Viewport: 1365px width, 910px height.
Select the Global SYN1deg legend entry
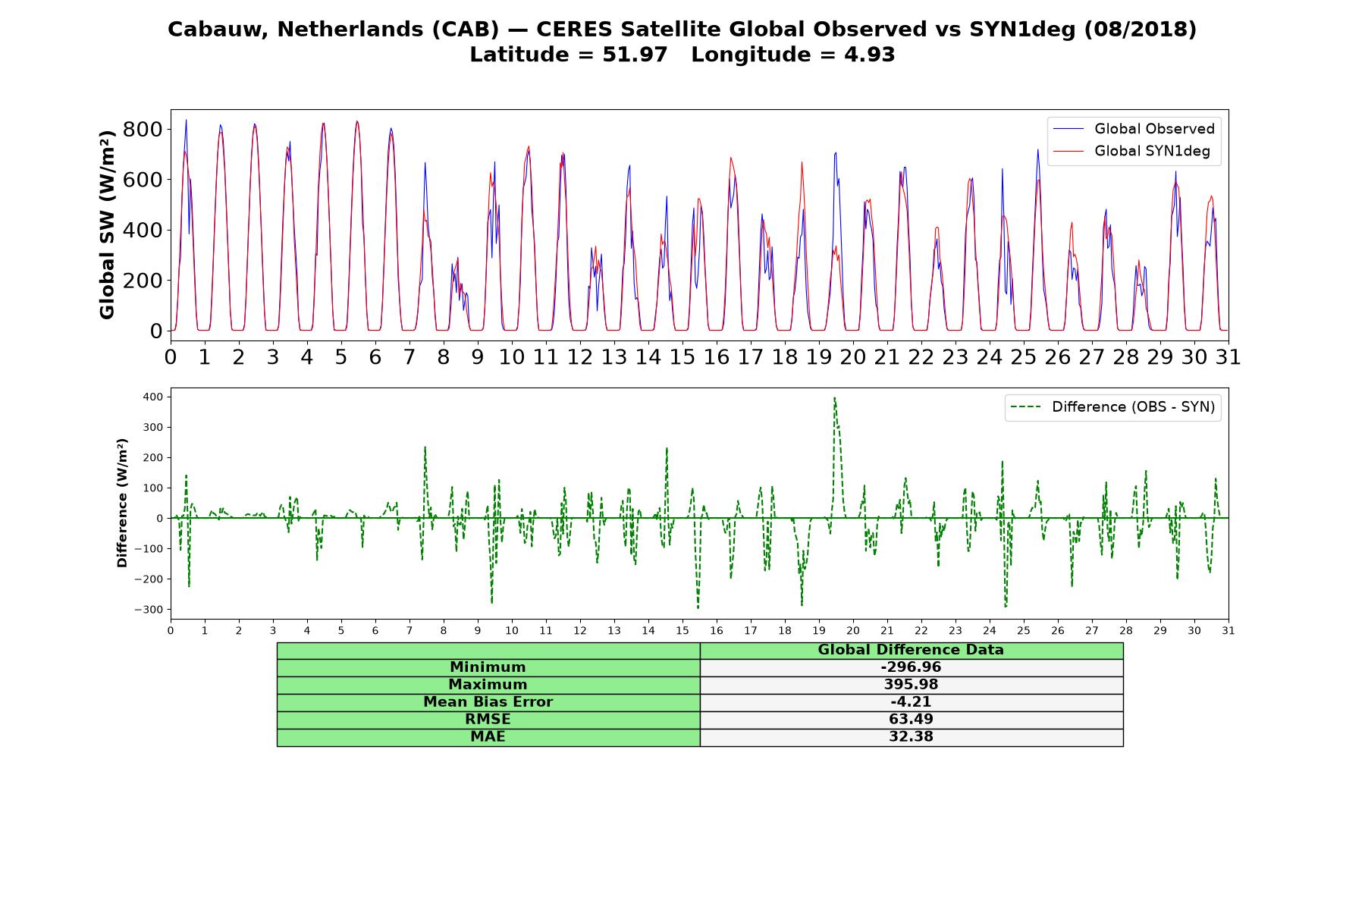click(1132, 152)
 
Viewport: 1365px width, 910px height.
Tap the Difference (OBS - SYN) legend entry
click(1113, 407)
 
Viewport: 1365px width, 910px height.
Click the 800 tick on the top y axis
click(143, 129)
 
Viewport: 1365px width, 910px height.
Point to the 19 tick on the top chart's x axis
click(819, 357)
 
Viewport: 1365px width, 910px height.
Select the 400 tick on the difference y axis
click(153, 397)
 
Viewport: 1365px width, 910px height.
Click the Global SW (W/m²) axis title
click(107, 224)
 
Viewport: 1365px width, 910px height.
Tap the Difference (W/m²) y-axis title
click(122, 503)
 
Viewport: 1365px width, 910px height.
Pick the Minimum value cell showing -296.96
click(911, 667)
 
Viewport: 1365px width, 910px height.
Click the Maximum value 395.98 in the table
click(911, 685)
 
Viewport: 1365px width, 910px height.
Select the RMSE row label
click(488, 720)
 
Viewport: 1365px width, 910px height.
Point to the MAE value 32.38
click(911, 737)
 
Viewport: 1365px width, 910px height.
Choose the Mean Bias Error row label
click(488, 702)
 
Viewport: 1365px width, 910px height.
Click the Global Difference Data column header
click(911, 650)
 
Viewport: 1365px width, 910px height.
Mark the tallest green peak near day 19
click(834, 397)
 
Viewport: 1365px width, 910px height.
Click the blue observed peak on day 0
click(186, 120)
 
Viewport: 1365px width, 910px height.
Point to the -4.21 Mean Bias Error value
click(911, 702)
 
